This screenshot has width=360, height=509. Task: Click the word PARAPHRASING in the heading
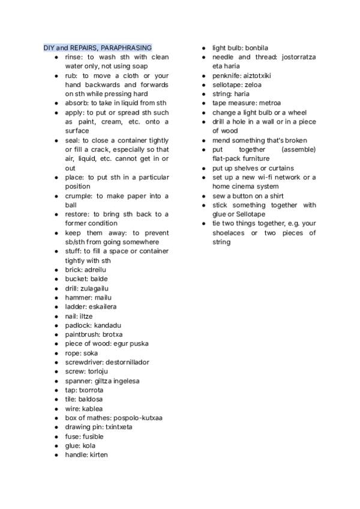127,47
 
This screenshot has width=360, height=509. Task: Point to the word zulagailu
95,288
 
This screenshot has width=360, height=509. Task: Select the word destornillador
127,362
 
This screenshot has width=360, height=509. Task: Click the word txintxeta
118,427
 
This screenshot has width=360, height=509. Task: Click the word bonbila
257,47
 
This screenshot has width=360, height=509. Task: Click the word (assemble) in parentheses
298,149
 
